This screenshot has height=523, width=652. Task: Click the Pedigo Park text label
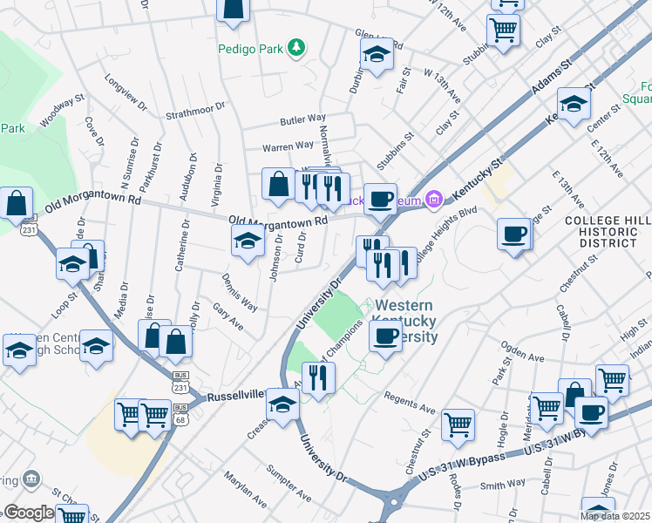pos(251,49)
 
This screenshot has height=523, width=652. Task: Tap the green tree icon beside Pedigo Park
pos(297,47)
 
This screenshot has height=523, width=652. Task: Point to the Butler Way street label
pos(302,119)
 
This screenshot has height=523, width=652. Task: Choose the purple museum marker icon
pos(434,199)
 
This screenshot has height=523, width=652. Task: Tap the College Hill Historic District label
pos(601,231)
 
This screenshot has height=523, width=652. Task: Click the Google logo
pos(28,513)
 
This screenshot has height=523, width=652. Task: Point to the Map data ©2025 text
pos(615,516)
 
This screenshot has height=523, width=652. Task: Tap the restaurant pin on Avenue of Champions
pos(319,377)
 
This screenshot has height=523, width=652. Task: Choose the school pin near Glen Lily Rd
pos(377,55)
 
